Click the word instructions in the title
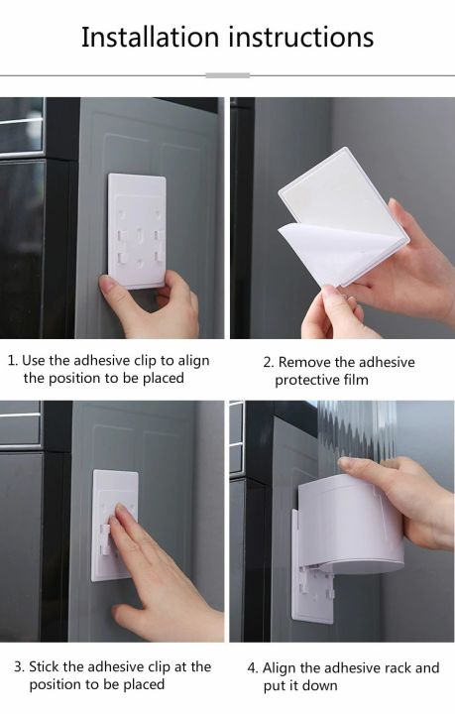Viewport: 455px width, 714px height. click(x=301, y=38)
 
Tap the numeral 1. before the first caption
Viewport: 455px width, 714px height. click(x=12, y=361)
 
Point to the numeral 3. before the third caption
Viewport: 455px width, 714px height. click(x=20, y=666)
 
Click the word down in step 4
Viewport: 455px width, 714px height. click(x=319, y=686)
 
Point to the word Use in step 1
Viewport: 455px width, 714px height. click(x=34, y=361)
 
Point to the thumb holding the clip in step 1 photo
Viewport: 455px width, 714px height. click(x=117, y=291)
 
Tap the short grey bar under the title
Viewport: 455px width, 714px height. click(x=227, y=74)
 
